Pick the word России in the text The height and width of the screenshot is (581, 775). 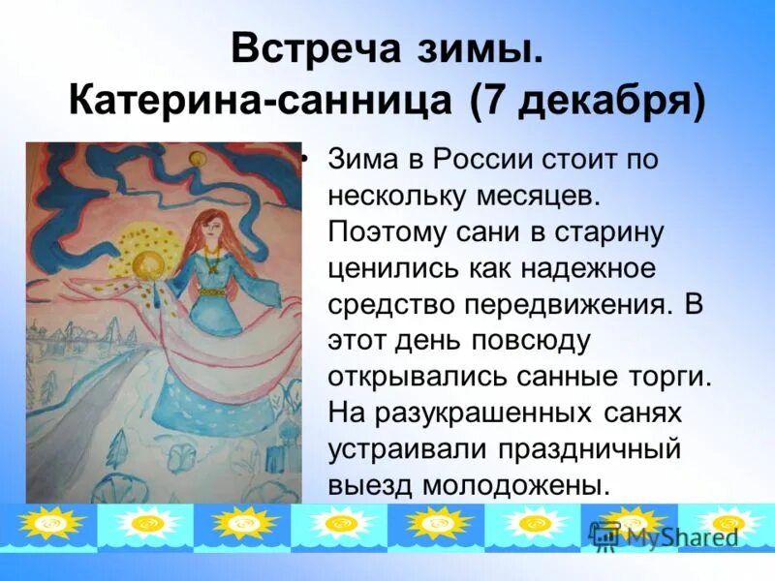[483, 160]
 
